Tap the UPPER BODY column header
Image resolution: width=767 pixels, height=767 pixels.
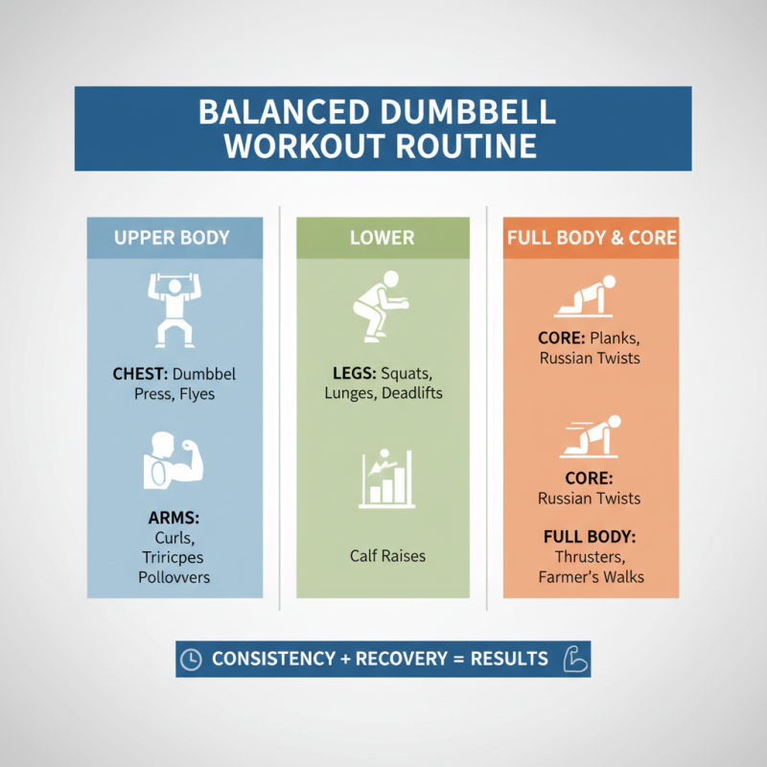pos(173,238)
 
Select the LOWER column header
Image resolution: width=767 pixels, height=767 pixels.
pos(383,238)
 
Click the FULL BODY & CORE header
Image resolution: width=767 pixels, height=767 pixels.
pos(591,238)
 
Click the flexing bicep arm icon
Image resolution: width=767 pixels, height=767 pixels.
pos(174,457)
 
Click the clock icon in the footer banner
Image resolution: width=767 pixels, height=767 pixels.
pos(192,660)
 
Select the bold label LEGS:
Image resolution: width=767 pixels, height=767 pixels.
pos(351,373)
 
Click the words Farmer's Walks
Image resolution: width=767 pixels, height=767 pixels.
pos(591,577)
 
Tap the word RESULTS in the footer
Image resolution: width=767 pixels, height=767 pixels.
pos(509,660)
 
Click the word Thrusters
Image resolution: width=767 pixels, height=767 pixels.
pos(591,557)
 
